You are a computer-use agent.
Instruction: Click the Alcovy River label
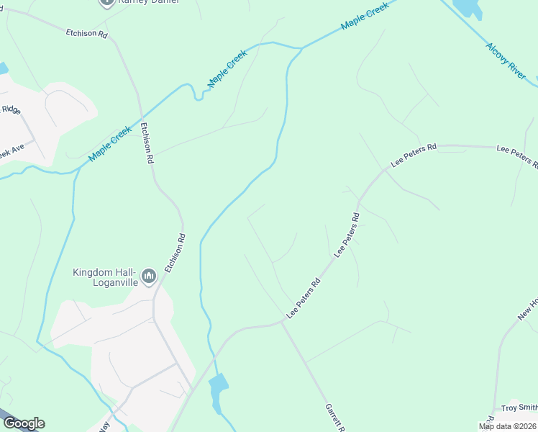pos(506,60)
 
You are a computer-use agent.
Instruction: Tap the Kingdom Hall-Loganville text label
pos(104,277)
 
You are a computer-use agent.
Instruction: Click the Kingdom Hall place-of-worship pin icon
pos(149,276)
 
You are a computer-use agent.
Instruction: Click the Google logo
pos(24,423)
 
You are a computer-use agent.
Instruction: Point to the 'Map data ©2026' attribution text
pos(508,426)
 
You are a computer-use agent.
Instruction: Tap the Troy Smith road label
pos(519,408)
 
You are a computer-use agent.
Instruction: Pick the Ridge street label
pos(11,110)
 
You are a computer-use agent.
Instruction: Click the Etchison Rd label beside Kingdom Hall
pos(175,252)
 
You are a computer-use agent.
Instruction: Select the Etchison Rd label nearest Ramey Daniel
pos(86,33)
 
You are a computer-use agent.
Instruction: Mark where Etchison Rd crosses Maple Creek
pos(143,117)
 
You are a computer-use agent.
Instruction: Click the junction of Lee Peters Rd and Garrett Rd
pos(281,323)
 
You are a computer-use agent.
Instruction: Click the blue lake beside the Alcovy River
pos(468,6)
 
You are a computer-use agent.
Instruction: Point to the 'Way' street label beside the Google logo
pos(104,425)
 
